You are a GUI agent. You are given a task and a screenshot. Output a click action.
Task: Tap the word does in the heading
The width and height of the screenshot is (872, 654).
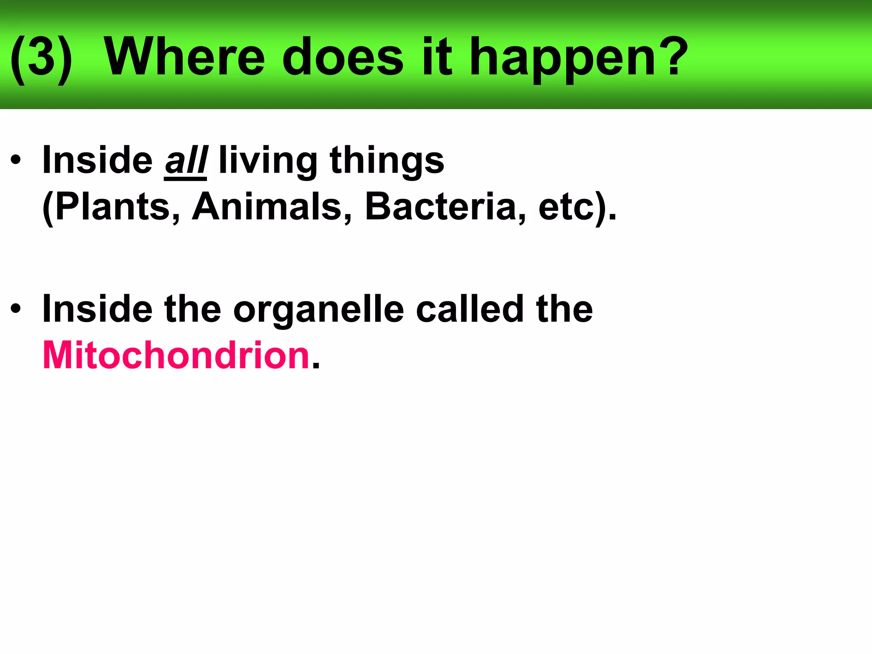click(343, 57)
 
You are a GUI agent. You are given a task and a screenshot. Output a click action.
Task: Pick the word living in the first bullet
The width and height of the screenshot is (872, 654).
click(268, 162)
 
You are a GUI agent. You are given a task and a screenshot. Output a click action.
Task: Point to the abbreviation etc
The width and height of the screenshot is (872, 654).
click(566, 208)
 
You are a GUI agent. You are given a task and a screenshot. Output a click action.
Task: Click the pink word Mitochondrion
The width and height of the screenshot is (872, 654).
click(176, 355)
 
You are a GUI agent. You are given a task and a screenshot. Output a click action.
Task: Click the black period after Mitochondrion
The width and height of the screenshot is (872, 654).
click(316, 366)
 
